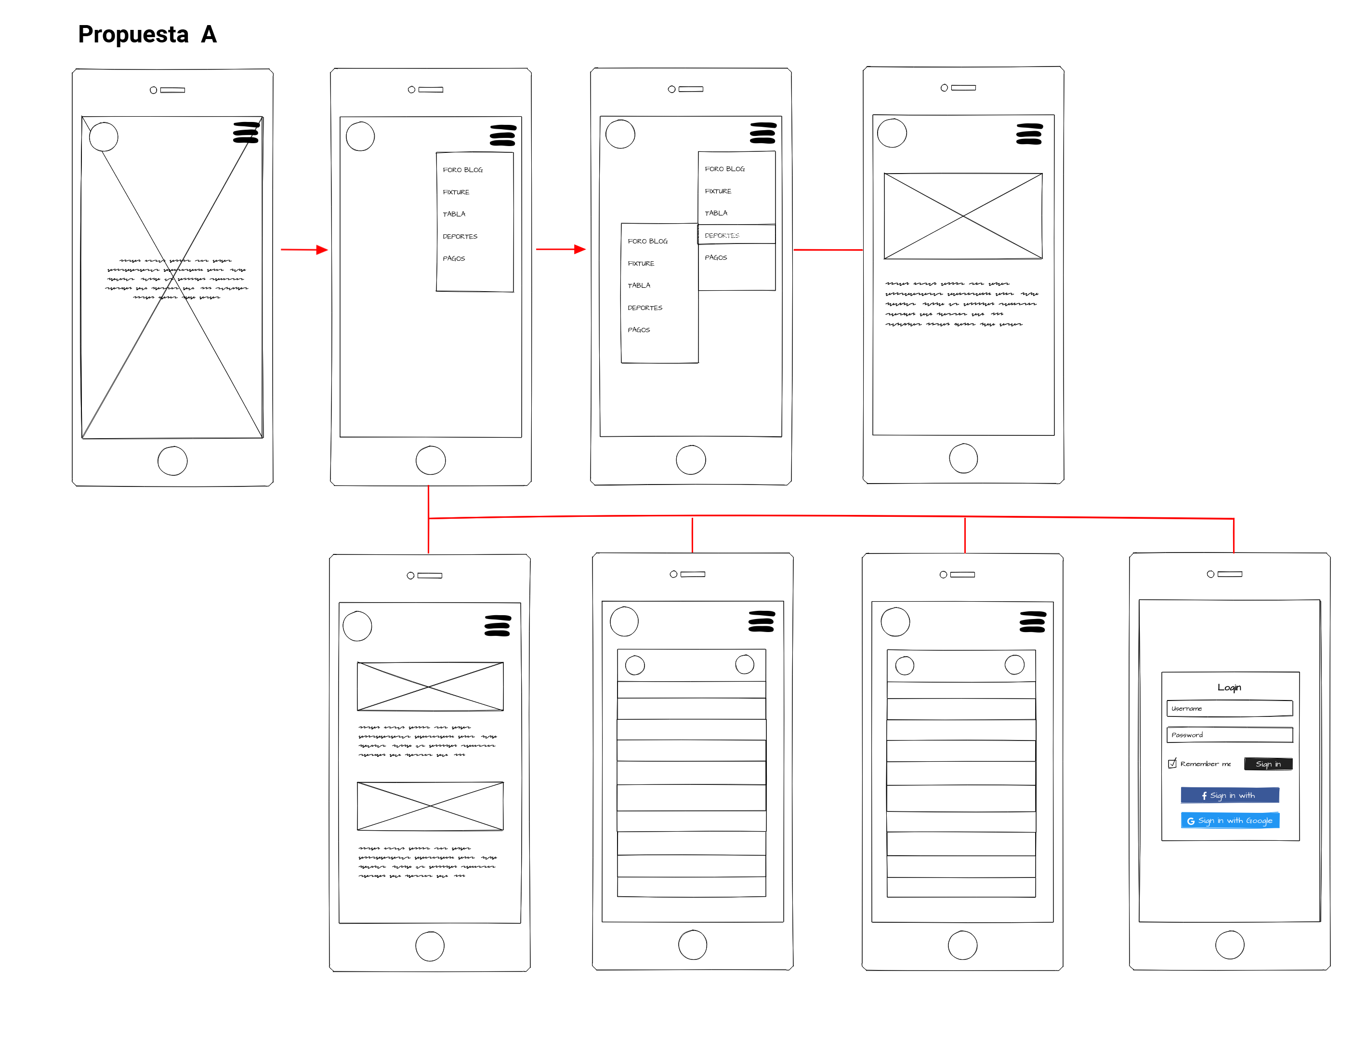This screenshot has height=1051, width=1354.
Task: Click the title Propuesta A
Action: [x=147, y=35]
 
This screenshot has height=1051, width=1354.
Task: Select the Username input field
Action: [x=1229, y=708]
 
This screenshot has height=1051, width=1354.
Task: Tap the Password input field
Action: [x=1229, y=735]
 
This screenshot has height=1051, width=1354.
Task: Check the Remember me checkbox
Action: [x=1172, y=763]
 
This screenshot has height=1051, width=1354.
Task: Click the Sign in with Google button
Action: [x=1229, y=820]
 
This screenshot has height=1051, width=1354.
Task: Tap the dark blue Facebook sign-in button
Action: [x=1229, y=795]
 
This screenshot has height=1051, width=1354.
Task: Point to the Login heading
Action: [x=1229, y=687]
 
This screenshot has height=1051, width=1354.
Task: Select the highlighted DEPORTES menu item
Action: [x=736, y=234]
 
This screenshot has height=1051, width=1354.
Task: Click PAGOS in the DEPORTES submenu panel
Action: [x=639, y=329]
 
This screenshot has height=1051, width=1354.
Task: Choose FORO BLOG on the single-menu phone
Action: [x=462, y=169]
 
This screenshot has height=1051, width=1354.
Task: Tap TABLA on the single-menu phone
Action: [x=454, y=214]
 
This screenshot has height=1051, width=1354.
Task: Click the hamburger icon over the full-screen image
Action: [x=246, y=132]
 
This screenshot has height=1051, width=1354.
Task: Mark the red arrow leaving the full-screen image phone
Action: [x=304, y=249]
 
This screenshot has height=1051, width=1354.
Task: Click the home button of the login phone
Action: [x=1229, y=945]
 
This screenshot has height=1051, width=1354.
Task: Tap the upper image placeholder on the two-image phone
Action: [x=430, y=686]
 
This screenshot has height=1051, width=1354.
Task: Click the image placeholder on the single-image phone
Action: [x=962, y=216]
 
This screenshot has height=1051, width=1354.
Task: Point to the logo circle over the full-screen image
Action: [x=104, y=136]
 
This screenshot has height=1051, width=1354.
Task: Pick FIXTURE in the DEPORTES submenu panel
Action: [x=641, y=263]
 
